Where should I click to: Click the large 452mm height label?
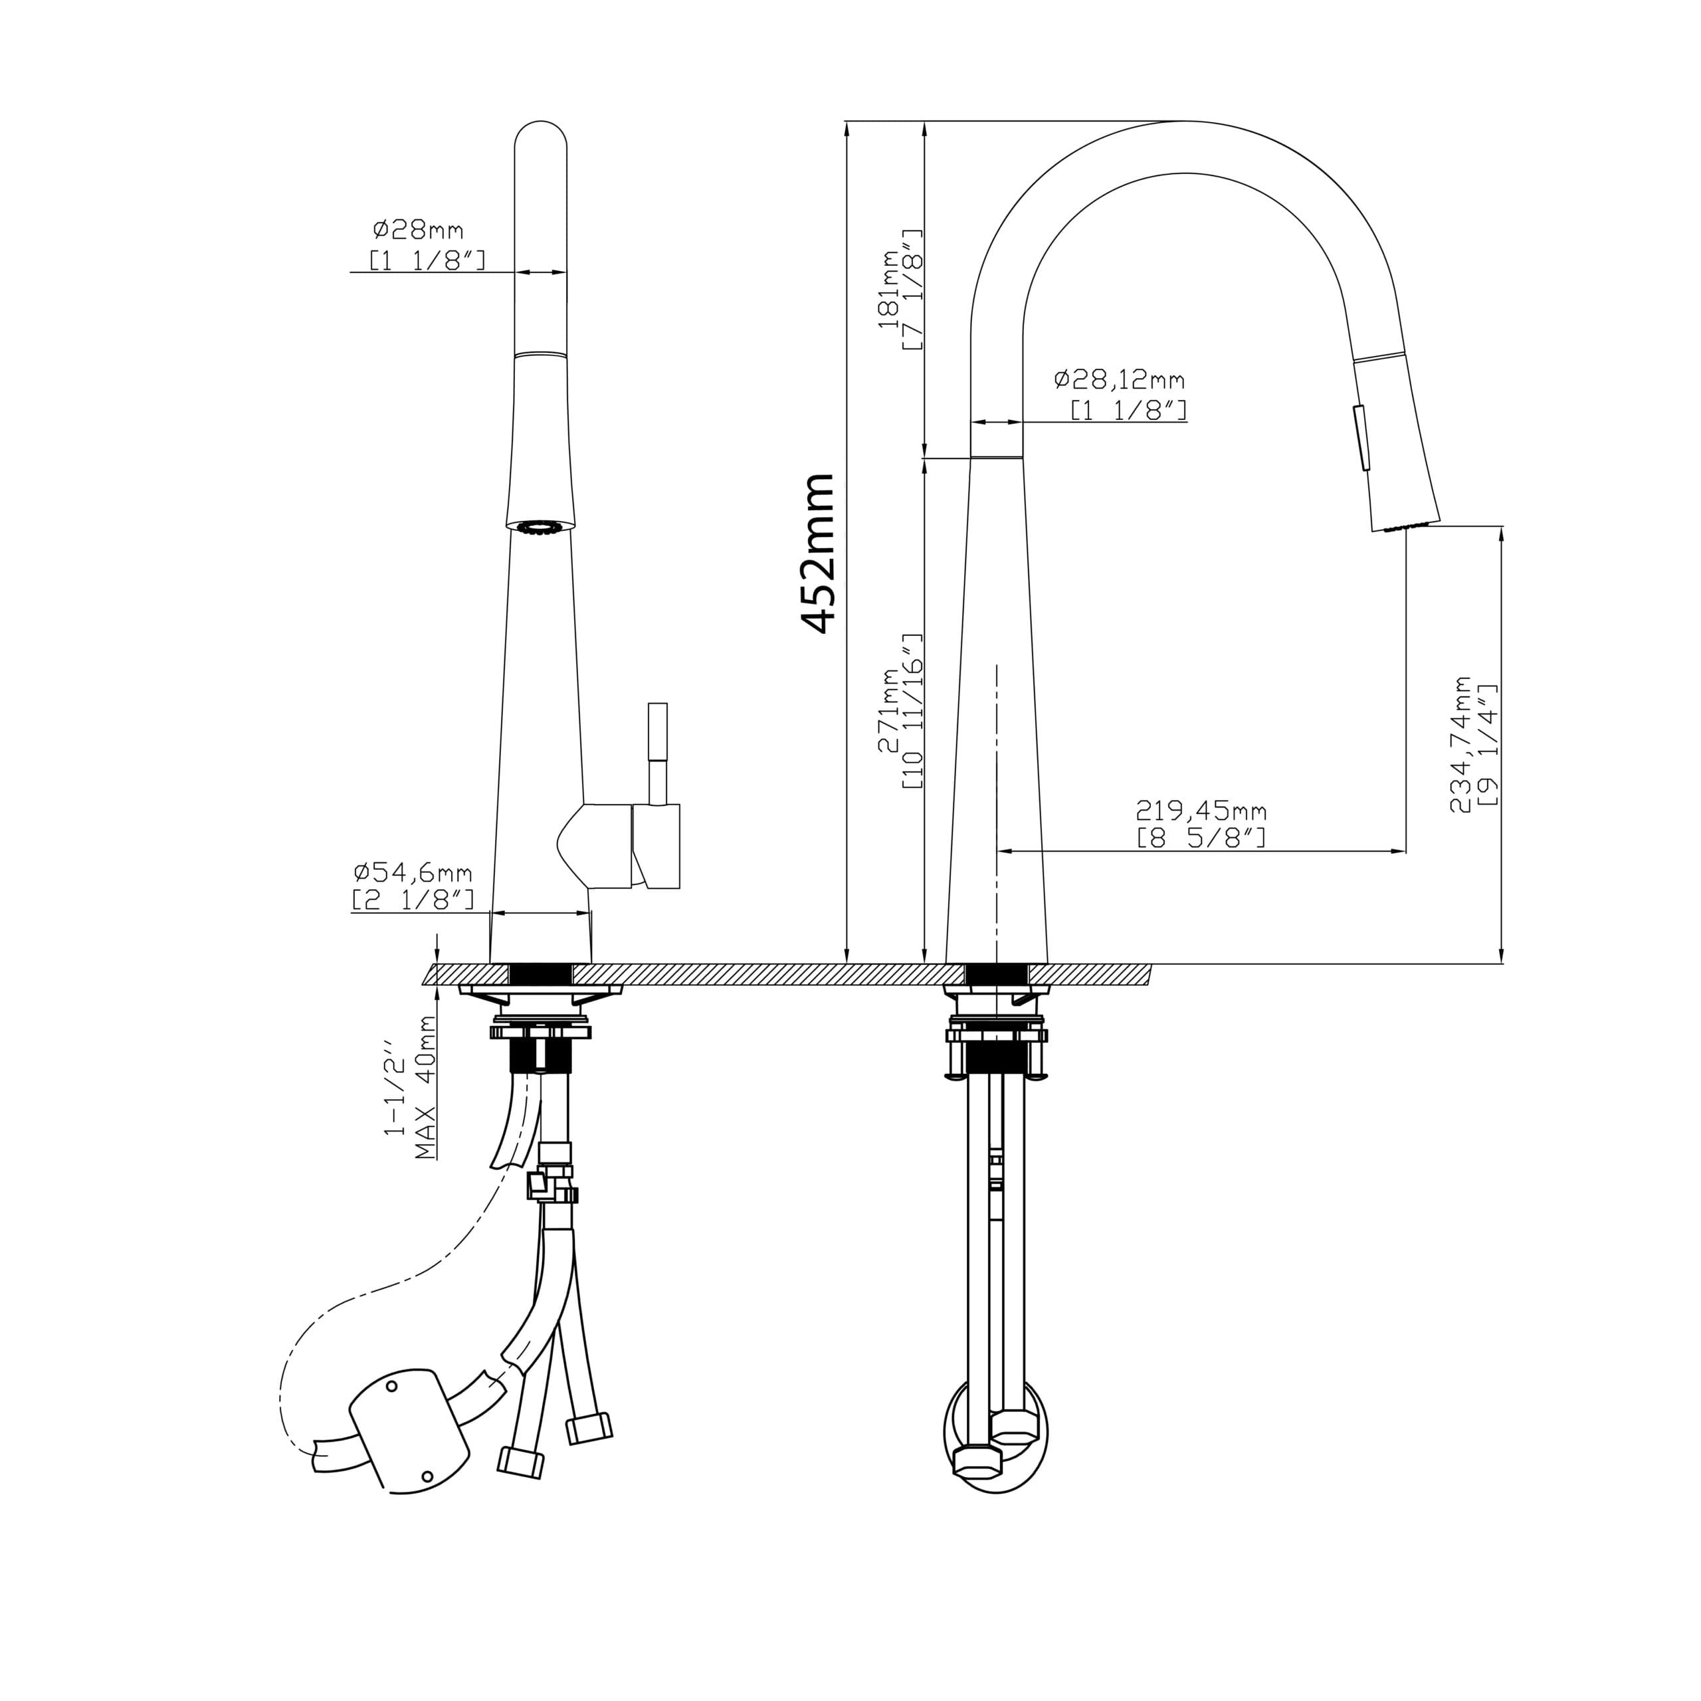(818, 553)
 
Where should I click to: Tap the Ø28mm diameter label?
(418, 231)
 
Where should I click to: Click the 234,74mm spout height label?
(1462, 744)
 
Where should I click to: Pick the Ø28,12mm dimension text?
(1119, 379)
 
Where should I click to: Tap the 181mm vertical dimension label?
(889, 289)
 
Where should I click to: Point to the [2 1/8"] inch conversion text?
(413, 900)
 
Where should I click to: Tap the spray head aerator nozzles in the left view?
(539, 528)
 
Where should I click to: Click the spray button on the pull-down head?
(1360, 437)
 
